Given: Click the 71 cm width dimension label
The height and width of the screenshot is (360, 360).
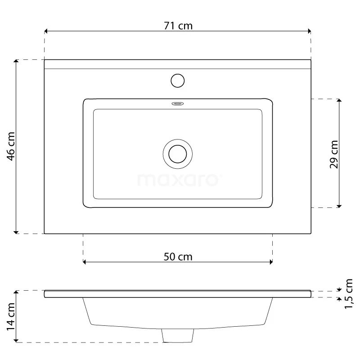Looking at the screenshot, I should [x=178, y=26].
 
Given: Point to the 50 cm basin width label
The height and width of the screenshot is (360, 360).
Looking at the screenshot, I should [x=177, y=257].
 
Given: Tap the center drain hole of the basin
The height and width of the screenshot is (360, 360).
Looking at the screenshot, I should [x=178, y=153].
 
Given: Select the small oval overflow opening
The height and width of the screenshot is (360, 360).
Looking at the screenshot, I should [x=178, y=104].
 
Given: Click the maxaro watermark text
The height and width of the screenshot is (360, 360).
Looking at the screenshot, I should [x=178, y=180].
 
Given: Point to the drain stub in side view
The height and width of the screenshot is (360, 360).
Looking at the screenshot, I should [x=178, y=335].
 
